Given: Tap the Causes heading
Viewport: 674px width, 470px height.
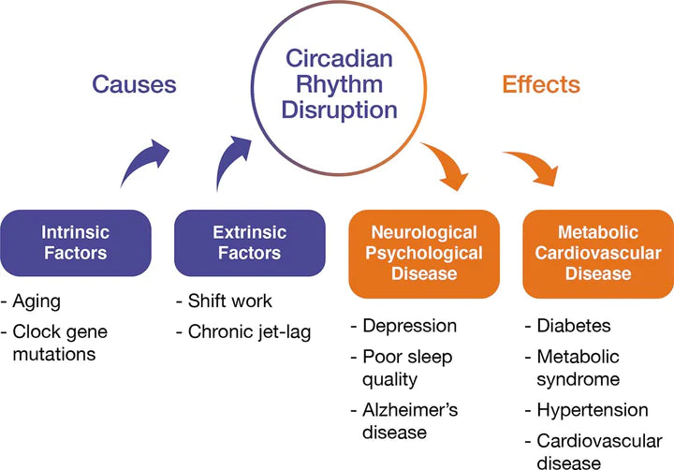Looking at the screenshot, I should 134,84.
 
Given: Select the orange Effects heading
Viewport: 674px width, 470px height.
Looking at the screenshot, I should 540,84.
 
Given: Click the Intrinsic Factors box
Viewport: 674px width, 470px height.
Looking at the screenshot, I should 74,242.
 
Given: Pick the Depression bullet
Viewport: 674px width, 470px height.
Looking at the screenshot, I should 408,326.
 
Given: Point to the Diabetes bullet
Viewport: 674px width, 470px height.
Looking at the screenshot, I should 573,326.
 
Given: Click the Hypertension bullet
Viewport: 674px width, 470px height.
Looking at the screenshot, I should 592,410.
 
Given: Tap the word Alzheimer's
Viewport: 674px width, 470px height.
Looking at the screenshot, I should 407,410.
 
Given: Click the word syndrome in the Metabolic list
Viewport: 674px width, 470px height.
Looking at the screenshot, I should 578,379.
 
